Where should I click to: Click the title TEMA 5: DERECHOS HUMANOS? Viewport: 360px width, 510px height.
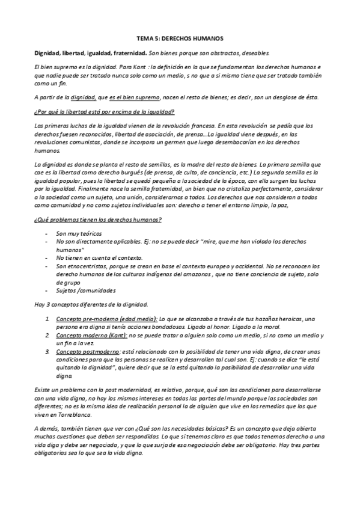[180, 37]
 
